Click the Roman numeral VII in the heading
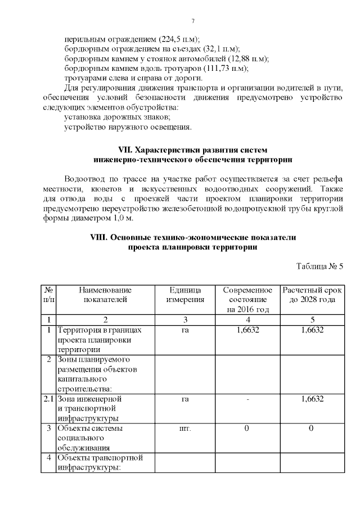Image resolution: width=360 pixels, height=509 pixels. [126, 150]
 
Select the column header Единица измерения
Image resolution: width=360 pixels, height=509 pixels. [185, 294]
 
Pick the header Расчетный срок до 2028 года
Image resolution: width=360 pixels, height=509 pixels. [312, 294]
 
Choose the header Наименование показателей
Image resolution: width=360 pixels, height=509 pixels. [105, 294]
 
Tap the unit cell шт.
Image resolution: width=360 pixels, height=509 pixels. [185, 428]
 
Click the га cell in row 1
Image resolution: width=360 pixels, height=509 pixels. [185, 330]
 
